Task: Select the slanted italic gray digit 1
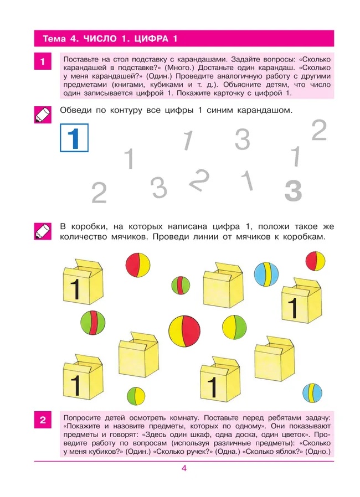pos(188,140)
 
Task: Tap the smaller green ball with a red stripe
pos(181,286)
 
